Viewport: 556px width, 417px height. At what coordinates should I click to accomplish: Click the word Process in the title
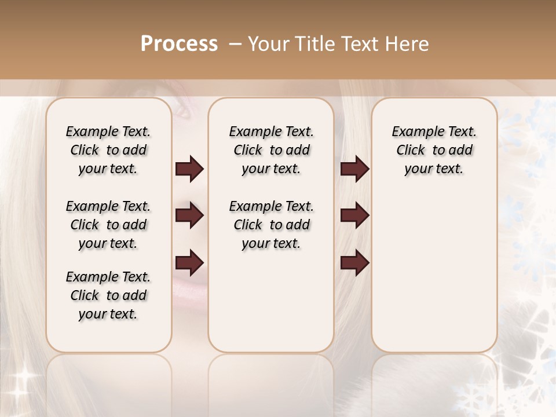179,44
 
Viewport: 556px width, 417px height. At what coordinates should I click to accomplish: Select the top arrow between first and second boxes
189,169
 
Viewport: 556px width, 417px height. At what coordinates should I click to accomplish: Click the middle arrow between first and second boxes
189,216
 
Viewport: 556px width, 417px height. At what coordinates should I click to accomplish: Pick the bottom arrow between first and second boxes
189,264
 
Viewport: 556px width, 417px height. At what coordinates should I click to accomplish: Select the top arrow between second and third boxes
354,169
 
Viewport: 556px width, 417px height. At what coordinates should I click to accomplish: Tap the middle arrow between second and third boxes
354,216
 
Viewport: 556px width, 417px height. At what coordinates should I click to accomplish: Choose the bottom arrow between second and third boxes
354,264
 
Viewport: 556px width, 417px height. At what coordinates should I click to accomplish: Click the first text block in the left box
108,150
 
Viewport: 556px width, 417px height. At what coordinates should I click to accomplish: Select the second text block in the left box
108,225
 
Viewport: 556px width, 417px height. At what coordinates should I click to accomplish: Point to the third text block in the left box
108,295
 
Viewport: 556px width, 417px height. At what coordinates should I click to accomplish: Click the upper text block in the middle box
271,150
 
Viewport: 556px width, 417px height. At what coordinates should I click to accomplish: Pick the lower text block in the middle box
271,225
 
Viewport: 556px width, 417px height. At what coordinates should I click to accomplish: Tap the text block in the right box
434,150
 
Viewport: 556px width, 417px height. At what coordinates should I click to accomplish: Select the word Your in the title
266,44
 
